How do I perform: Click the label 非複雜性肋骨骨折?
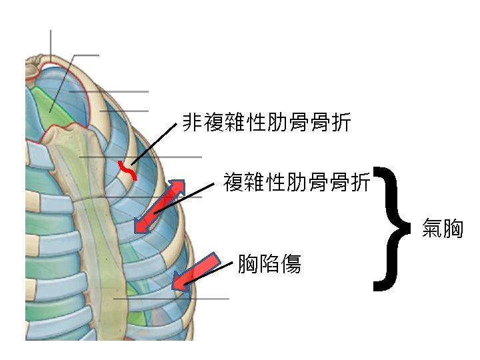click(x=266, y=123)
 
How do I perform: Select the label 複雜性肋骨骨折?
click(x=297, y=182)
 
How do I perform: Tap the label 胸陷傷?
click(x=269, y=265)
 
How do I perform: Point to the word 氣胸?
click(x=442, y=229)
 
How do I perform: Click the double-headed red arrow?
click(x=160, y=206)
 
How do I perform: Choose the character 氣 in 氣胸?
click(x=432, y=229)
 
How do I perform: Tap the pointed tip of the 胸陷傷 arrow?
click(x=176, y=285)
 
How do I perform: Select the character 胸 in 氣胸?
click(x=452, y=229)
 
